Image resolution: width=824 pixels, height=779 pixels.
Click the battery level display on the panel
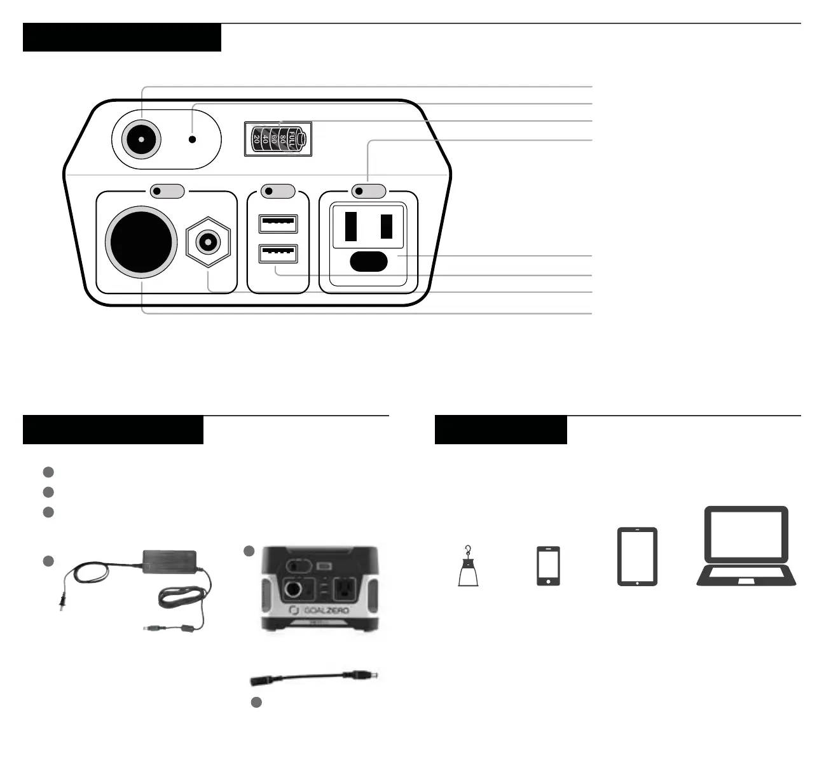click(x=278, y=139)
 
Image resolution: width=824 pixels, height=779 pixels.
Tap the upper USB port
click(x=278, y=224)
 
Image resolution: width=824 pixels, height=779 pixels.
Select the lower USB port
click(x=278, y=254)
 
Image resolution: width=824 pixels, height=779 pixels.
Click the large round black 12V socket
click(x=141, y=241)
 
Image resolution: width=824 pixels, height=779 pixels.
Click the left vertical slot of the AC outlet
click(x=350, y=226)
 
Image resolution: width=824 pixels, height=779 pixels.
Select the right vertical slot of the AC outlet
click(x=386, y=226)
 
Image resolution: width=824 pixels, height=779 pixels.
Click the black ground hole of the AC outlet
click(x=368, y=262)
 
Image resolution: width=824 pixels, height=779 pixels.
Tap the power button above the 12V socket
click(x=167, y=190)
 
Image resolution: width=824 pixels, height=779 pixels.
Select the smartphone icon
click(x=548, y=565)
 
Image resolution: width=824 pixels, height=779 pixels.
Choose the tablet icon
click(x=637, y=556)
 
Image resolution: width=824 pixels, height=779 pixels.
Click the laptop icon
click(x=746, y=547)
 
